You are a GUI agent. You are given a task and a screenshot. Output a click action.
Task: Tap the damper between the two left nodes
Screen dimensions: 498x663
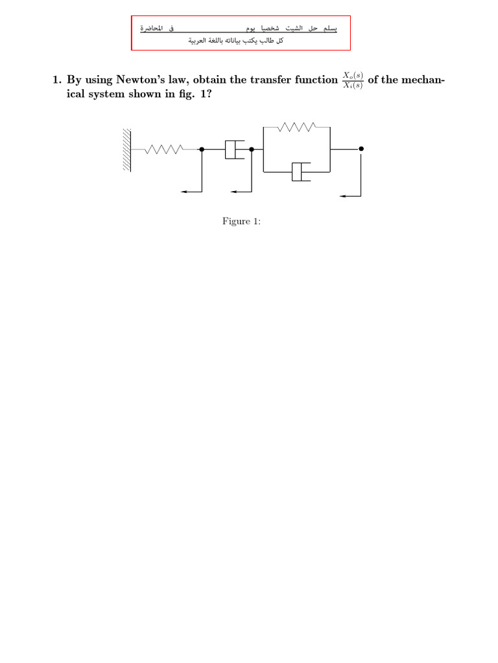(x=233, y=149)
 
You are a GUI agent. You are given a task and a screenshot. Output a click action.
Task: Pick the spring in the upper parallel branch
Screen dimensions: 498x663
(x=296, y=128)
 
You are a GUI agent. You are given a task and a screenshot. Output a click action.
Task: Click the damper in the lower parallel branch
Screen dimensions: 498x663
(x=298, y=172)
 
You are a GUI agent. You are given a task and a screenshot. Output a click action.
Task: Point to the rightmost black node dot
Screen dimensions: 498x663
(x=361, y=149)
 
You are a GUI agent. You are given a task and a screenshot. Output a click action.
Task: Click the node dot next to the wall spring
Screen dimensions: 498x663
(x=202, y=149)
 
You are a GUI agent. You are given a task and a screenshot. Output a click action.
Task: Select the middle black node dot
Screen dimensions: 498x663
(x=252, y=149)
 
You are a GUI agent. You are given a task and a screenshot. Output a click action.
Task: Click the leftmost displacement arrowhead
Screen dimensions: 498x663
(x=184, y=192)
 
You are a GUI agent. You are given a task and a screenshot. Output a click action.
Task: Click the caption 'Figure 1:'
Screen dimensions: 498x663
(x=241, y=222)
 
